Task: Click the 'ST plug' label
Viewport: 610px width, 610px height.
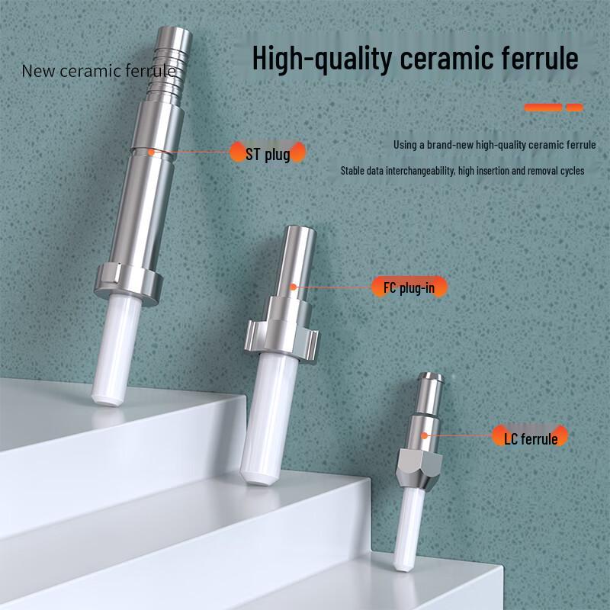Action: point(268,155)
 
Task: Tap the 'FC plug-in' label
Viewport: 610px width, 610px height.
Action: point(409,287)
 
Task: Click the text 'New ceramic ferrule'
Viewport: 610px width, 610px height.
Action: point(98,71)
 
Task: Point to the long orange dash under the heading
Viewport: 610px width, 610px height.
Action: point(544,108)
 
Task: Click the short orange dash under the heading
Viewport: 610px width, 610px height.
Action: point(574,108)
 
